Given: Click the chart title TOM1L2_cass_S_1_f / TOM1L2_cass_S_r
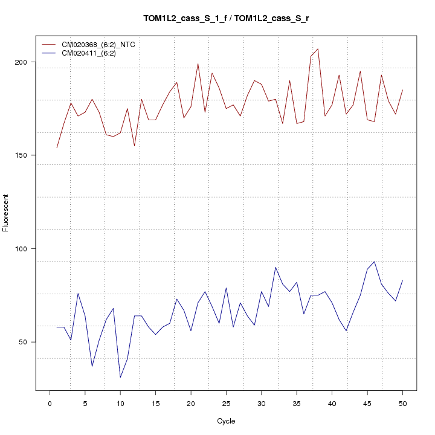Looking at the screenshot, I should pyautogui.click(x=226, y=18).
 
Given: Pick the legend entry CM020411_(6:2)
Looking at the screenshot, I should pyautogui.click(x=93, y=53).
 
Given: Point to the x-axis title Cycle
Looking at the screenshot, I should pyautogui.click(x=226, y=421).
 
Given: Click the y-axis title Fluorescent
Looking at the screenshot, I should pyautogui.click(x=6, y=213).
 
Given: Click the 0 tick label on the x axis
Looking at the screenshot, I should pyautogui.click(x=50, y=404).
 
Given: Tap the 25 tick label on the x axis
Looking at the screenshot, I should pyautogui.click(x=226, y=404).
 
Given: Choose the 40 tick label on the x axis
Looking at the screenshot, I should pyautogui.click(x=332, y=404).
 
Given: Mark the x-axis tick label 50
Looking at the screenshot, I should pyautogui.click(x=402, y=404).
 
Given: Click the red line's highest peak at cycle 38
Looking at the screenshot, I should pyautogui.click(x=318, y=49).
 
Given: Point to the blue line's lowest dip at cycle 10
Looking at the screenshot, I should pyautogui.click(x=120, y=378).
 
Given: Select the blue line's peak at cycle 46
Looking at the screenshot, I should pyautogui.click(x=375, y=262).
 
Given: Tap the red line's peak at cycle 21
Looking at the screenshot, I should pyautogui.click(x=198, y=64).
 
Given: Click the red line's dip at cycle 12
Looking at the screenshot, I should pyautogui.click(x=134, y=146).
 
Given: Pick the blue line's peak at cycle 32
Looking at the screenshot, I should pyautogui.click(x=275, y=267).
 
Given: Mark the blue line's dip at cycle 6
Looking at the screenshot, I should pyautogui.click(x=92, y=366).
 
